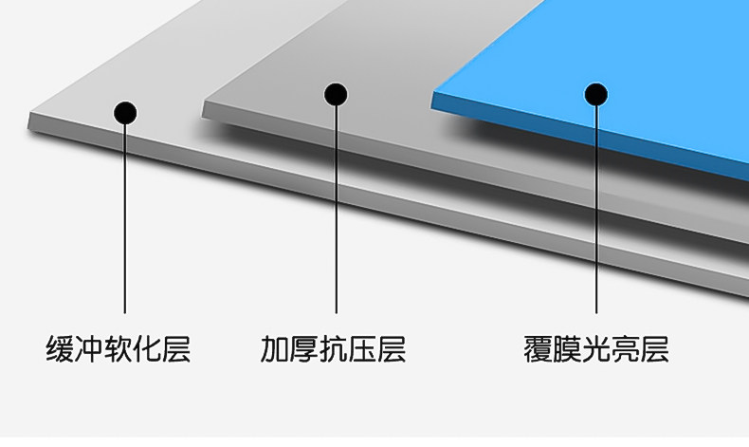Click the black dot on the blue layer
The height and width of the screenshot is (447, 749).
(x=595, y=94)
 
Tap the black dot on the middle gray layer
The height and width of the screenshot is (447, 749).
(x=336, y=94)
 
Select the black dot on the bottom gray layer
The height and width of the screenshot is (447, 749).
(x=125, y=113)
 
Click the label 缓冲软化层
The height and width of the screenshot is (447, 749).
(x=119, y=349)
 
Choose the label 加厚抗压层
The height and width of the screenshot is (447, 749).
(x=334, y=349)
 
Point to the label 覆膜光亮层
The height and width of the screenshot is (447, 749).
(x=596, y=349)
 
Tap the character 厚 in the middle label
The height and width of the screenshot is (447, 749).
(x=304, y=349)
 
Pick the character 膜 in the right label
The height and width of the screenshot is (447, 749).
(x=567, y=349)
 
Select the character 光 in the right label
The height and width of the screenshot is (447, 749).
(x=596, y=349)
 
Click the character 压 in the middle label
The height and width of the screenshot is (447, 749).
(x=363, y=349)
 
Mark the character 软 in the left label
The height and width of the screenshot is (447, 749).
(x=119, y=349)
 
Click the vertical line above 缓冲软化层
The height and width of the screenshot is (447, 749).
(x=125, y=218)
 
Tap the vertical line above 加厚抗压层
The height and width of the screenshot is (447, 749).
(x=336, y=209)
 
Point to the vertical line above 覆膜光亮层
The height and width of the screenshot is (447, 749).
(x=595, y=209)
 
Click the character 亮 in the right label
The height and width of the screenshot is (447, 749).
(x=626, y=349)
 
